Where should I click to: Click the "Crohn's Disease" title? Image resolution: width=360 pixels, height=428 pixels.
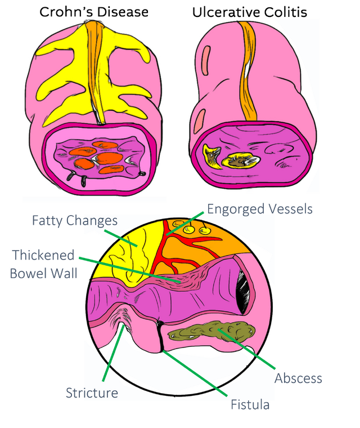[x=94, y=12]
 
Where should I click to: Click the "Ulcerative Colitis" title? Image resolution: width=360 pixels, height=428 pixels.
[x=250, y=12]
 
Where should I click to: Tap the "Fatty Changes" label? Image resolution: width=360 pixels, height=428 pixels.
[x=75, y=221]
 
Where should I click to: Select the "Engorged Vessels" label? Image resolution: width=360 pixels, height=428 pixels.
[x=260, y=209]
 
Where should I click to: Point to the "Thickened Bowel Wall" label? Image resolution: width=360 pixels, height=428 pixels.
[x=44, y=264]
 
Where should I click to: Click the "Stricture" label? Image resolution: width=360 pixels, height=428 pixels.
[x=92, y=393]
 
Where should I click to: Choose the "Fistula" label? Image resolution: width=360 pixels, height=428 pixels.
[x=250, y=404]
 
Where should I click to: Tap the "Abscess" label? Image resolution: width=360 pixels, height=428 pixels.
[x=298, y=378]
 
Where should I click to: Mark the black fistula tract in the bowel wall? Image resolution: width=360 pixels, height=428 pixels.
[x=161, y=336]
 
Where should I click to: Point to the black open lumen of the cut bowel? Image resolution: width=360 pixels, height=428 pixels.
[x=243, y=293]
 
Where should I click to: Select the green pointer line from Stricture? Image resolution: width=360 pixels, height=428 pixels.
[x=112, y=353]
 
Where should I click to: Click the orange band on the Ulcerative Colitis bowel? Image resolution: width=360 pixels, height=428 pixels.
[x=249, y=71]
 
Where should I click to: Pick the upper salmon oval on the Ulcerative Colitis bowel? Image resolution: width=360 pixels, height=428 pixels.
[x=206, y=61]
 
